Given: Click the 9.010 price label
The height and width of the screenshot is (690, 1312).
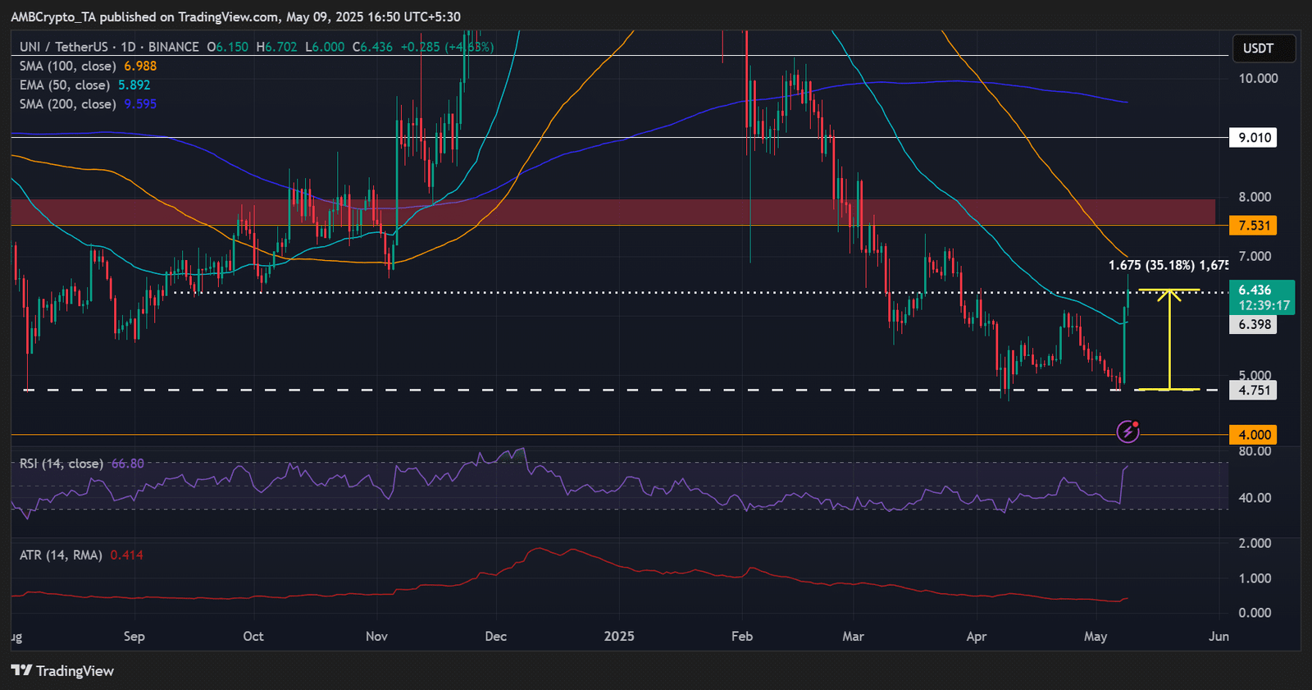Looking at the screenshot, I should point(1255,138).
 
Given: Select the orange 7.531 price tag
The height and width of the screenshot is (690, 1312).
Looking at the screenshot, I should point(1255,226).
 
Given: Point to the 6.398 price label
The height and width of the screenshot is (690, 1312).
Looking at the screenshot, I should point(1255,325).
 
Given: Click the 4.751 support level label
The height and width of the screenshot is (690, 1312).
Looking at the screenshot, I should point(1255,391).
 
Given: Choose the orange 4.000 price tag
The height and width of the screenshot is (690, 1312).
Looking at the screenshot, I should point(1255,435).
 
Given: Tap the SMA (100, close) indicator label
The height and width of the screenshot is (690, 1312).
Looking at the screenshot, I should point(66,66).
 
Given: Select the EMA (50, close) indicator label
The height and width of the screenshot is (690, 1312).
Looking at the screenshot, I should point(64,85).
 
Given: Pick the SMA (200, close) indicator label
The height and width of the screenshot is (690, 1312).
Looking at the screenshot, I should point(66,104).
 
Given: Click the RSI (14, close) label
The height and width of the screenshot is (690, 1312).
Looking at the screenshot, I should point(61,464).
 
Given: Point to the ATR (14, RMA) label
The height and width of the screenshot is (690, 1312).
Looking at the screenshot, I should point(61,555).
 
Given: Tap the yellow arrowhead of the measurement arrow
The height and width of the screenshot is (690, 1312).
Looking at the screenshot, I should point(1169,294).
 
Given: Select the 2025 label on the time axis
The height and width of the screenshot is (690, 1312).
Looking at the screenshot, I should point(618,637).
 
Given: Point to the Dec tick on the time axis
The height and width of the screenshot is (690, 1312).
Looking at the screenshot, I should point(496,637).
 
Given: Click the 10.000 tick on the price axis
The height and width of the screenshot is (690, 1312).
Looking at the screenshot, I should point(1258,79).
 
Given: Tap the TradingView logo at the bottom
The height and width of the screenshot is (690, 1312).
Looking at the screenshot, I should point(62,671).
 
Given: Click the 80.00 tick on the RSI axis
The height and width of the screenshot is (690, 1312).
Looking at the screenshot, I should point(1255,451).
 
